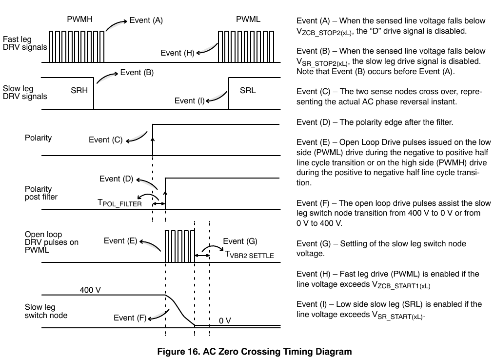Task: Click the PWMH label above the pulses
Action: [x=79, y=19]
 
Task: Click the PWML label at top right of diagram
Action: [x=248, y=19]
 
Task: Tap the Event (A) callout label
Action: [x=146, y=20]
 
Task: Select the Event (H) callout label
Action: [x=178, y=53]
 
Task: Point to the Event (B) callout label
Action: [x=137, y=73]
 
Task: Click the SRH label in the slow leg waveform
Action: [x=79, y=90]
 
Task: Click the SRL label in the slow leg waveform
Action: [x=248, y=90]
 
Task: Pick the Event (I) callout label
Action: [x=189, y=101]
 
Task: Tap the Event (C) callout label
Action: [x=105, y=140]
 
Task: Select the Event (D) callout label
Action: [x=116, y=179]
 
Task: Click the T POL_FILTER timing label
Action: [x=119, y=203]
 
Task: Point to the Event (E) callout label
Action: [x=120, y=241]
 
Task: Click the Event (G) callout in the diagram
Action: [x=240, y=241]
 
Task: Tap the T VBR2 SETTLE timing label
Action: [x=249, y=255]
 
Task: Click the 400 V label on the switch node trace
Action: [x=90, y=290]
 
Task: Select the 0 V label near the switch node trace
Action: [x=225, y=321]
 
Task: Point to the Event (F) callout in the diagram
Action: [x=130, y=318]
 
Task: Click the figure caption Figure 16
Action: [x=255, y=352]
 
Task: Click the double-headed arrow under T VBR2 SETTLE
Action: [x=202, y=255]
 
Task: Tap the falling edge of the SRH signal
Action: [x=94, y=93]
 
